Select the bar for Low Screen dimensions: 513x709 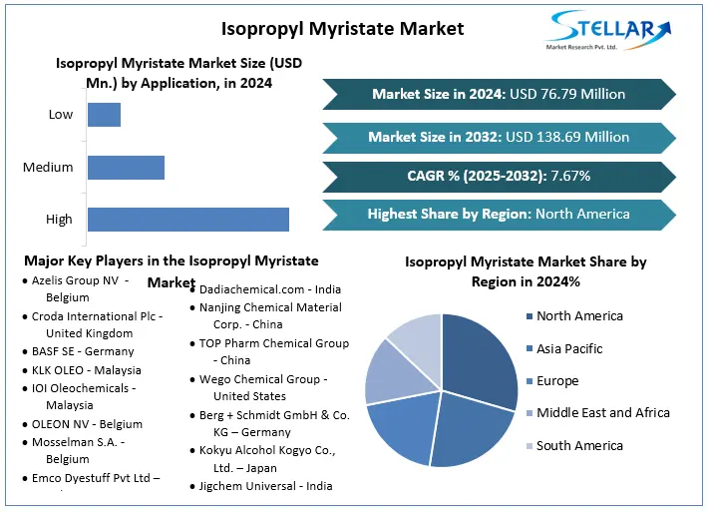(104, 115)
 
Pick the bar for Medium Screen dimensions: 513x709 (126, 168)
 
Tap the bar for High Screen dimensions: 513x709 (187, 220)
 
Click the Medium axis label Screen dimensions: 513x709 (48, 168)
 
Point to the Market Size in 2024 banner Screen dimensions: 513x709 (499, 95)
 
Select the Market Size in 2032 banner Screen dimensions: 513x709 (499, 137)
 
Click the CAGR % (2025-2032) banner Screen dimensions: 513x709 (499, 176)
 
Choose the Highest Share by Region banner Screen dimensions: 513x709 (499, 214)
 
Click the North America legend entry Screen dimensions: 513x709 (578, 316)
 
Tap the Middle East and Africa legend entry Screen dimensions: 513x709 (602, 412)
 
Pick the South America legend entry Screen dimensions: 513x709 (578, 445)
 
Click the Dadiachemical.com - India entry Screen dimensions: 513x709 (269, 288)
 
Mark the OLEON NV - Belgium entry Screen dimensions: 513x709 (86, 424)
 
